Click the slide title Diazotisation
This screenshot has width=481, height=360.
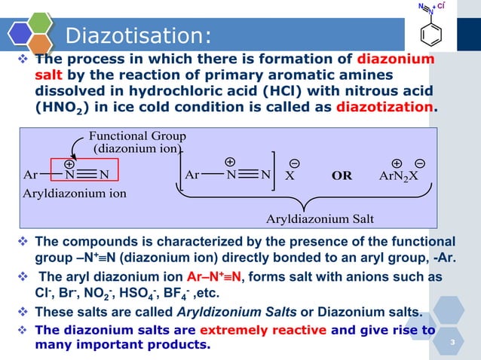[138, 35]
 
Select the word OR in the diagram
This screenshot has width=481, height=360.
[342, 175]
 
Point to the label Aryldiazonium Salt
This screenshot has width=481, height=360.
[320, 219]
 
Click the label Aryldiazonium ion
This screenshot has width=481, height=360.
[75, 193]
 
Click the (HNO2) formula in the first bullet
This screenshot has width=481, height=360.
[63, 108]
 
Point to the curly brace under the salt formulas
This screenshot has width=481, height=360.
[305, 201]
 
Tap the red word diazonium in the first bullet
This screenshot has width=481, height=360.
[395, 59]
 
